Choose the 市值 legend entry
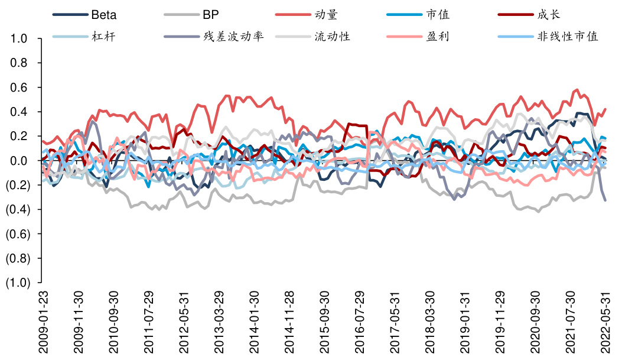click(x=438, y=15)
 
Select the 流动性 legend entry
click(x=333, y=37)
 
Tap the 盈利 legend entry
click(x=438, y=37)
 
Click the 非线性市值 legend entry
click(x=568, y=37)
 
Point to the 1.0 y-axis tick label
click(x=19, y=39)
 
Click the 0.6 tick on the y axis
click(x=19, y=87)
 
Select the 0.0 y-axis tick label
click(x=19, y=161)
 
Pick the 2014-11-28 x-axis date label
click(x=289, y=322)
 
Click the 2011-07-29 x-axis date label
click(x=148, y=322)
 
